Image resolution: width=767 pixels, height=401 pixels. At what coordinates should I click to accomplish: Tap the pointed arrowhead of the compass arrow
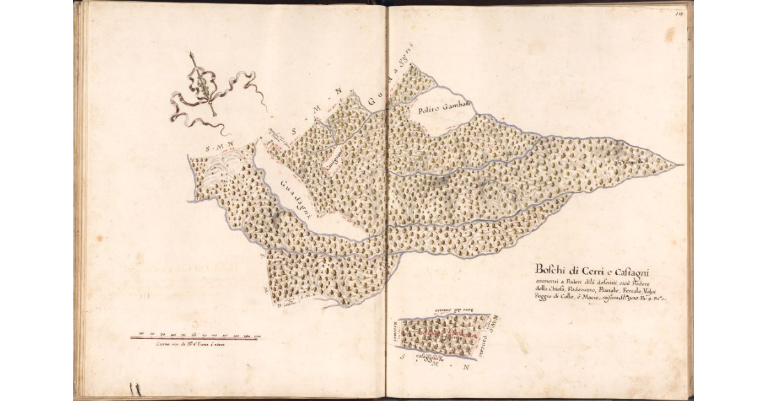point(192,56)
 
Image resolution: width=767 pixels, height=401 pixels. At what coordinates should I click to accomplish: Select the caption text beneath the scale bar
point(190,345)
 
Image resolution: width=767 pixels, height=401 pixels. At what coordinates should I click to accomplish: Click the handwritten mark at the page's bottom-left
point(135,388)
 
